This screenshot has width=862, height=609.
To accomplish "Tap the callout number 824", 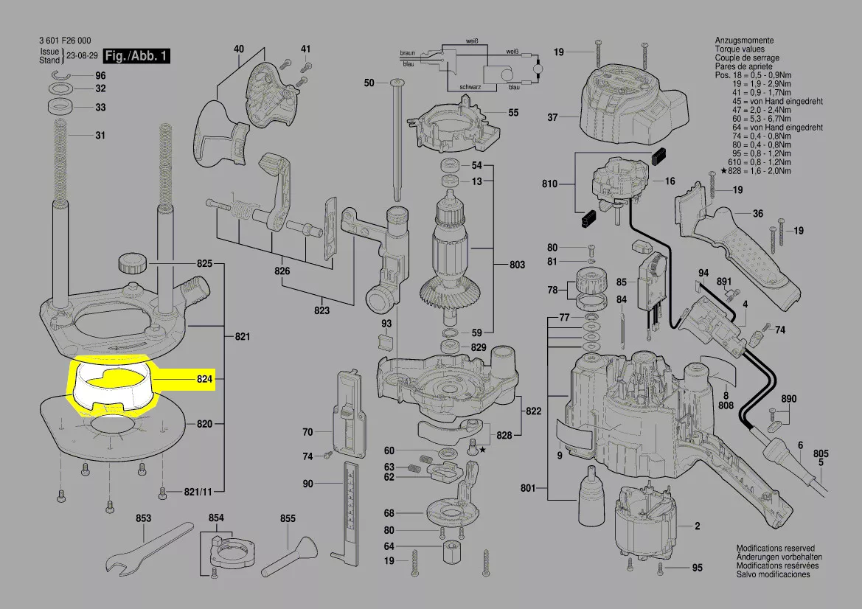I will coord(204,380).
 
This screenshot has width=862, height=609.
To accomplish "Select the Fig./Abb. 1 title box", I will coord(136,56).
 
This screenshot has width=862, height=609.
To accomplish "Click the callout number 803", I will coord(518,265).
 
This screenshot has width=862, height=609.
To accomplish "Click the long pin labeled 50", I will coord(397,140).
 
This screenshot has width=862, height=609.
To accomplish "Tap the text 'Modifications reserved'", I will coord(776,549).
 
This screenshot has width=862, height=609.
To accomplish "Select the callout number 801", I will coord(528,487).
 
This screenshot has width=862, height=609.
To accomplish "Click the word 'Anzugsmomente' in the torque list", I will coord(744,40).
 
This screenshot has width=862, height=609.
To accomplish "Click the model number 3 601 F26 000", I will coord(63,41).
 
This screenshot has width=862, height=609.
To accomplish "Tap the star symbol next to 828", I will coord(483,448).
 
